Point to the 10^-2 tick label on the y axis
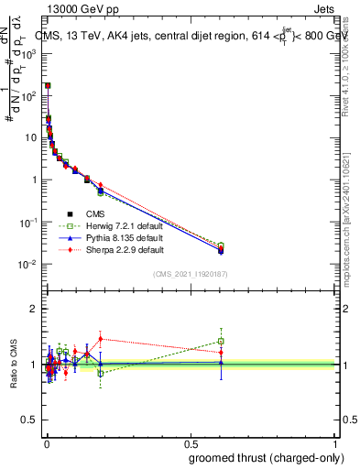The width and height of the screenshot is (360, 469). (29, 265)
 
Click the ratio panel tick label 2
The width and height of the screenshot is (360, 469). (35, 309)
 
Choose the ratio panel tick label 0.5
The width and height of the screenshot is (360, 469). (30, 420)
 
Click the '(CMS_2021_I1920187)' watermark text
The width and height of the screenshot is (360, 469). (191, 274)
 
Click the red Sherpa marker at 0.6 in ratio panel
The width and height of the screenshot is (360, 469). (221, 353)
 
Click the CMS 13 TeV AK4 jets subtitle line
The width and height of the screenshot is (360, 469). (192, 36)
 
